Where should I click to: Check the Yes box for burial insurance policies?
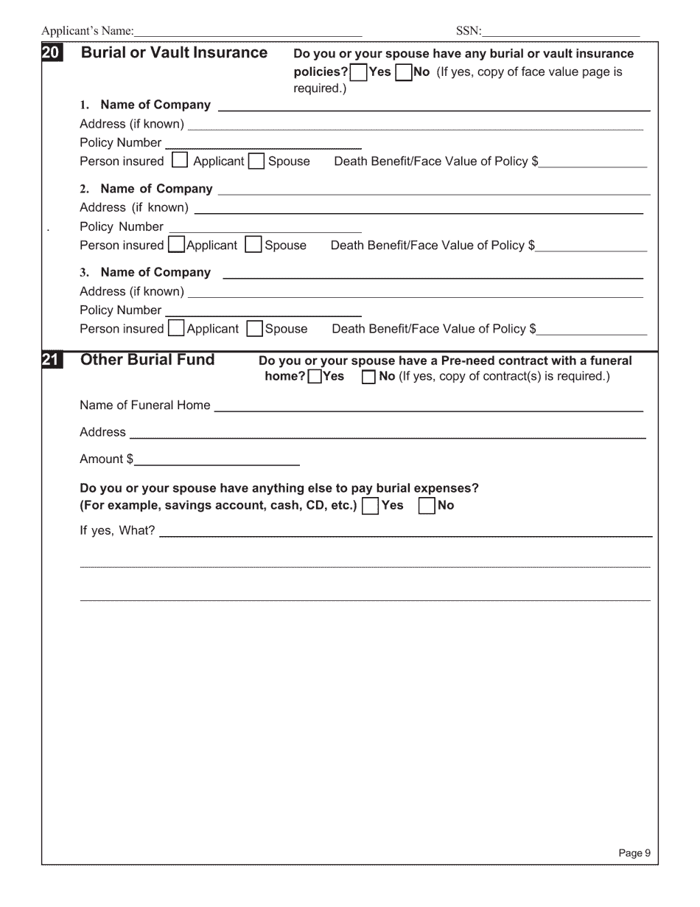click(359, 72)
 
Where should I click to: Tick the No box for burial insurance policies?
click(404, 72)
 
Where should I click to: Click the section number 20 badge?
click(52, 53)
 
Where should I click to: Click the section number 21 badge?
click(52, 360)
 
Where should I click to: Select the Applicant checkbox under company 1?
click(180, 161)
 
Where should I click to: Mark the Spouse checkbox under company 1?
click(256, 161)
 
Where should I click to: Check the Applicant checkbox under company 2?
click(177, 245)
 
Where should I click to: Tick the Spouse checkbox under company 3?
click(255, 329)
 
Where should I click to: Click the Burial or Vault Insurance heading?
click(174, 53)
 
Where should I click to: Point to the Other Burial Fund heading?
click(147, 360)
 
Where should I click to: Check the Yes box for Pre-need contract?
click(314, 377)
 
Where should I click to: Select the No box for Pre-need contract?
click(368, 377)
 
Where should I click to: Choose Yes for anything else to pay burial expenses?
click(371, 506)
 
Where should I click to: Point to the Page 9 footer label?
click(634, 853)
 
